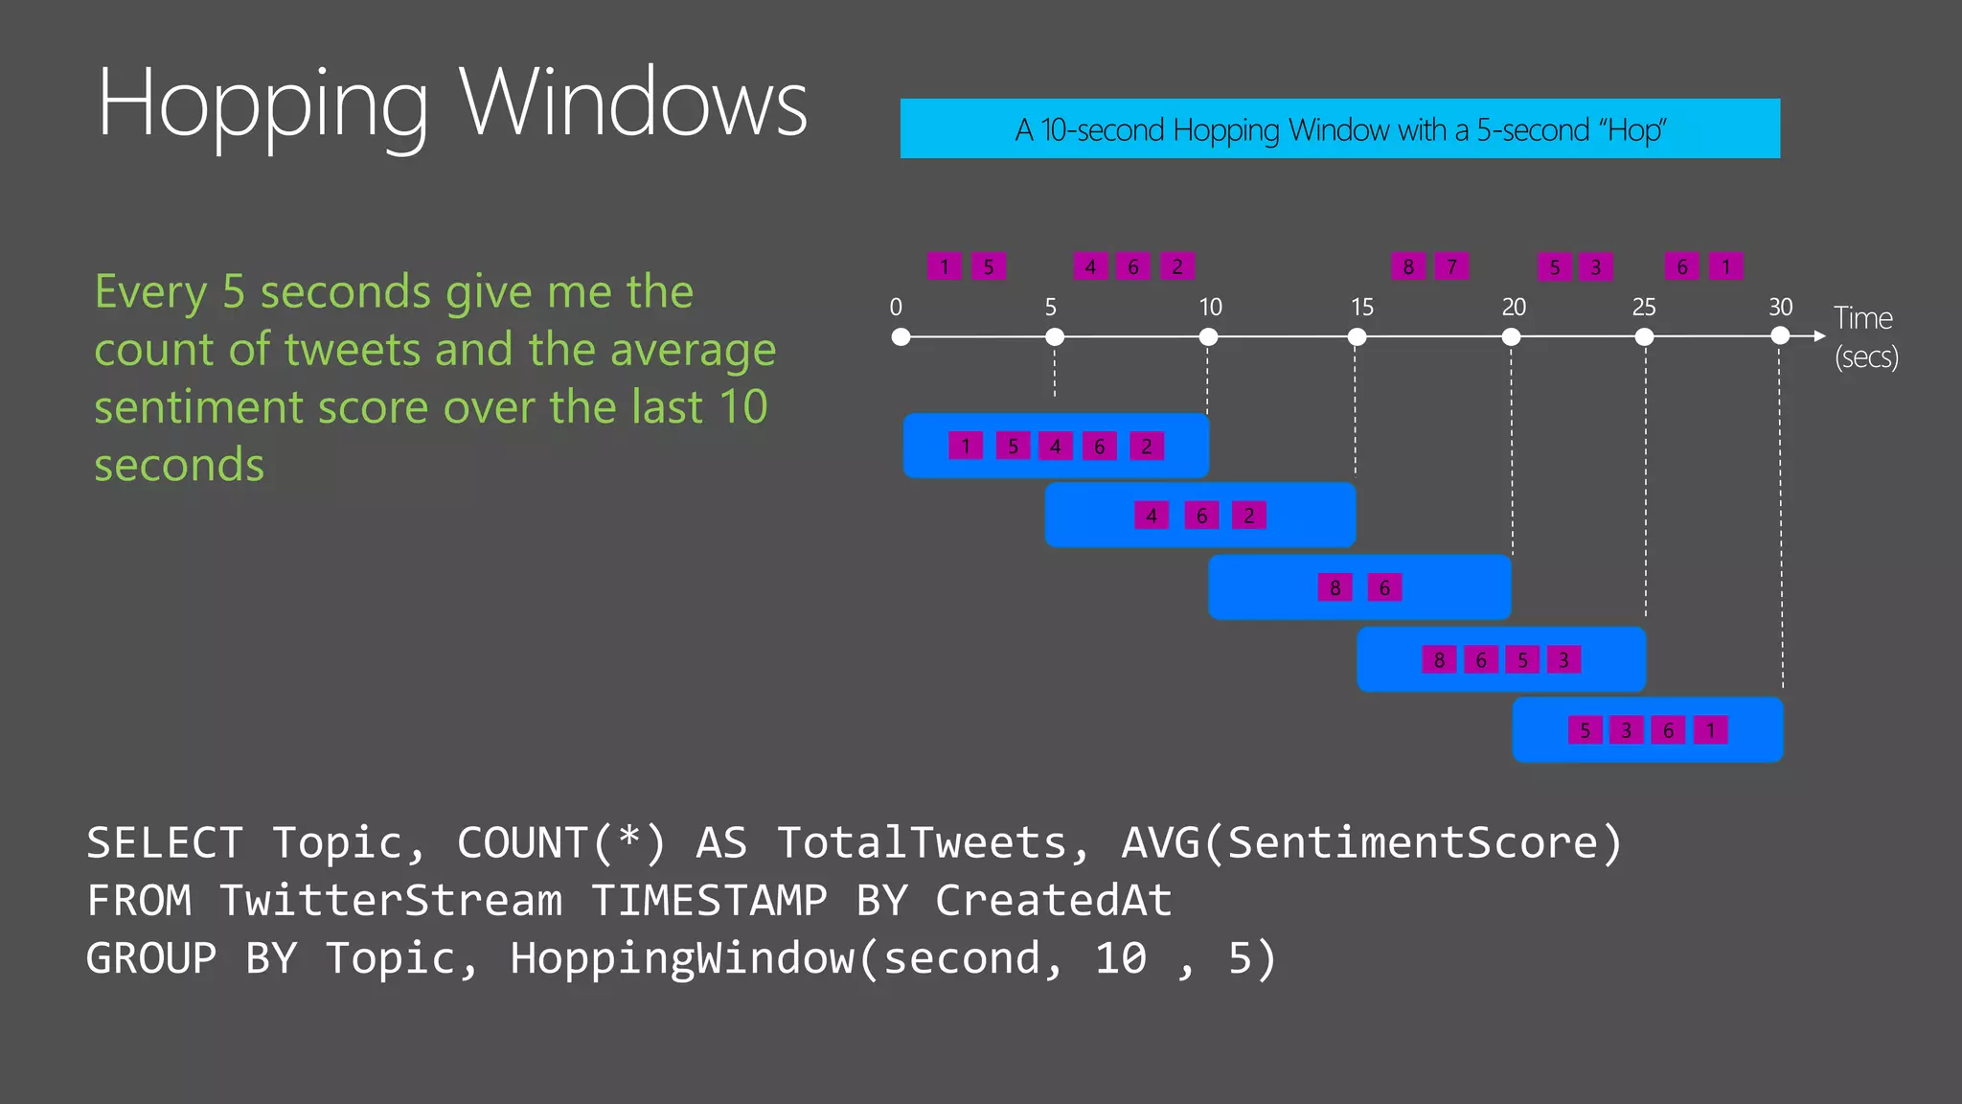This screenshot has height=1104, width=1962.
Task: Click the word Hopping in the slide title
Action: (x=262, y=105)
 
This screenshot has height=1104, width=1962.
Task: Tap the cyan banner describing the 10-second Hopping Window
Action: (x=1339, y=128)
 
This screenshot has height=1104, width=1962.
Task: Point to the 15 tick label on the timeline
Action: (x=1361, y=307)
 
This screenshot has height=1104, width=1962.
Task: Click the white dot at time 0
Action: (x=901, y=336)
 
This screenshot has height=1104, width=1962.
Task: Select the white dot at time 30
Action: (x=1780, y=335)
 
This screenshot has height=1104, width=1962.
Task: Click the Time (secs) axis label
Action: (x=1865, y=336)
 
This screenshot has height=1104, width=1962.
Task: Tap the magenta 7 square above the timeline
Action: (x=1451, y=266)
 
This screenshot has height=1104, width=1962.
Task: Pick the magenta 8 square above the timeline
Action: (x=1408, y=266)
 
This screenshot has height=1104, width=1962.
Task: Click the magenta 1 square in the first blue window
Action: (x=966, y=446)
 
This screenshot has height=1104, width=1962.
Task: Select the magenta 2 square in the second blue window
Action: (x=1248, y=516)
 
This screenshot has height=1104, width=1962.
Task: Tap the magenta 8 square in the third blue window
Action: (x=1335, y=587)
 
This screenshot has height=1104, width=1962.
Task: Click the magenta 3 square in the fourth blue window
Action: (x=1563, y=659)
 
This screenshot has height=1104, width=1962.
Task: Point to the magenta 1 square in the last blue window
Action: (x=1710, y=730)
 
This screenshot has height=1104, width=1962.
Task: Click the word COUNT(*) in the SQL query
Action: (x=560, y=843)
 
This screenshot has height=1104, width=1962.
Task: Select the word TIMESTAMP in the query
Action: (x=709, y=901)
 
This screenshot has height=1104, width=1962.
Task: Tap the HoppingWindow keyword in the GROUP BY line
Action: (x=682, y=958)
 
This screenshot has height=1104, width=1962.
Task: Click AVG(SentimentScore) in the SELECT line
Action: (x=1372, y=843)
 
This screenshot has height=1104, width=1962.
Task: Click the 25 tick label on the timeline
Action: (x=1644, y=307)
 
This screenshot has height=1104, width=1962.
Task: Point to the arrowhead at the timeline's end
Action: (x=1819, y=336)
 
